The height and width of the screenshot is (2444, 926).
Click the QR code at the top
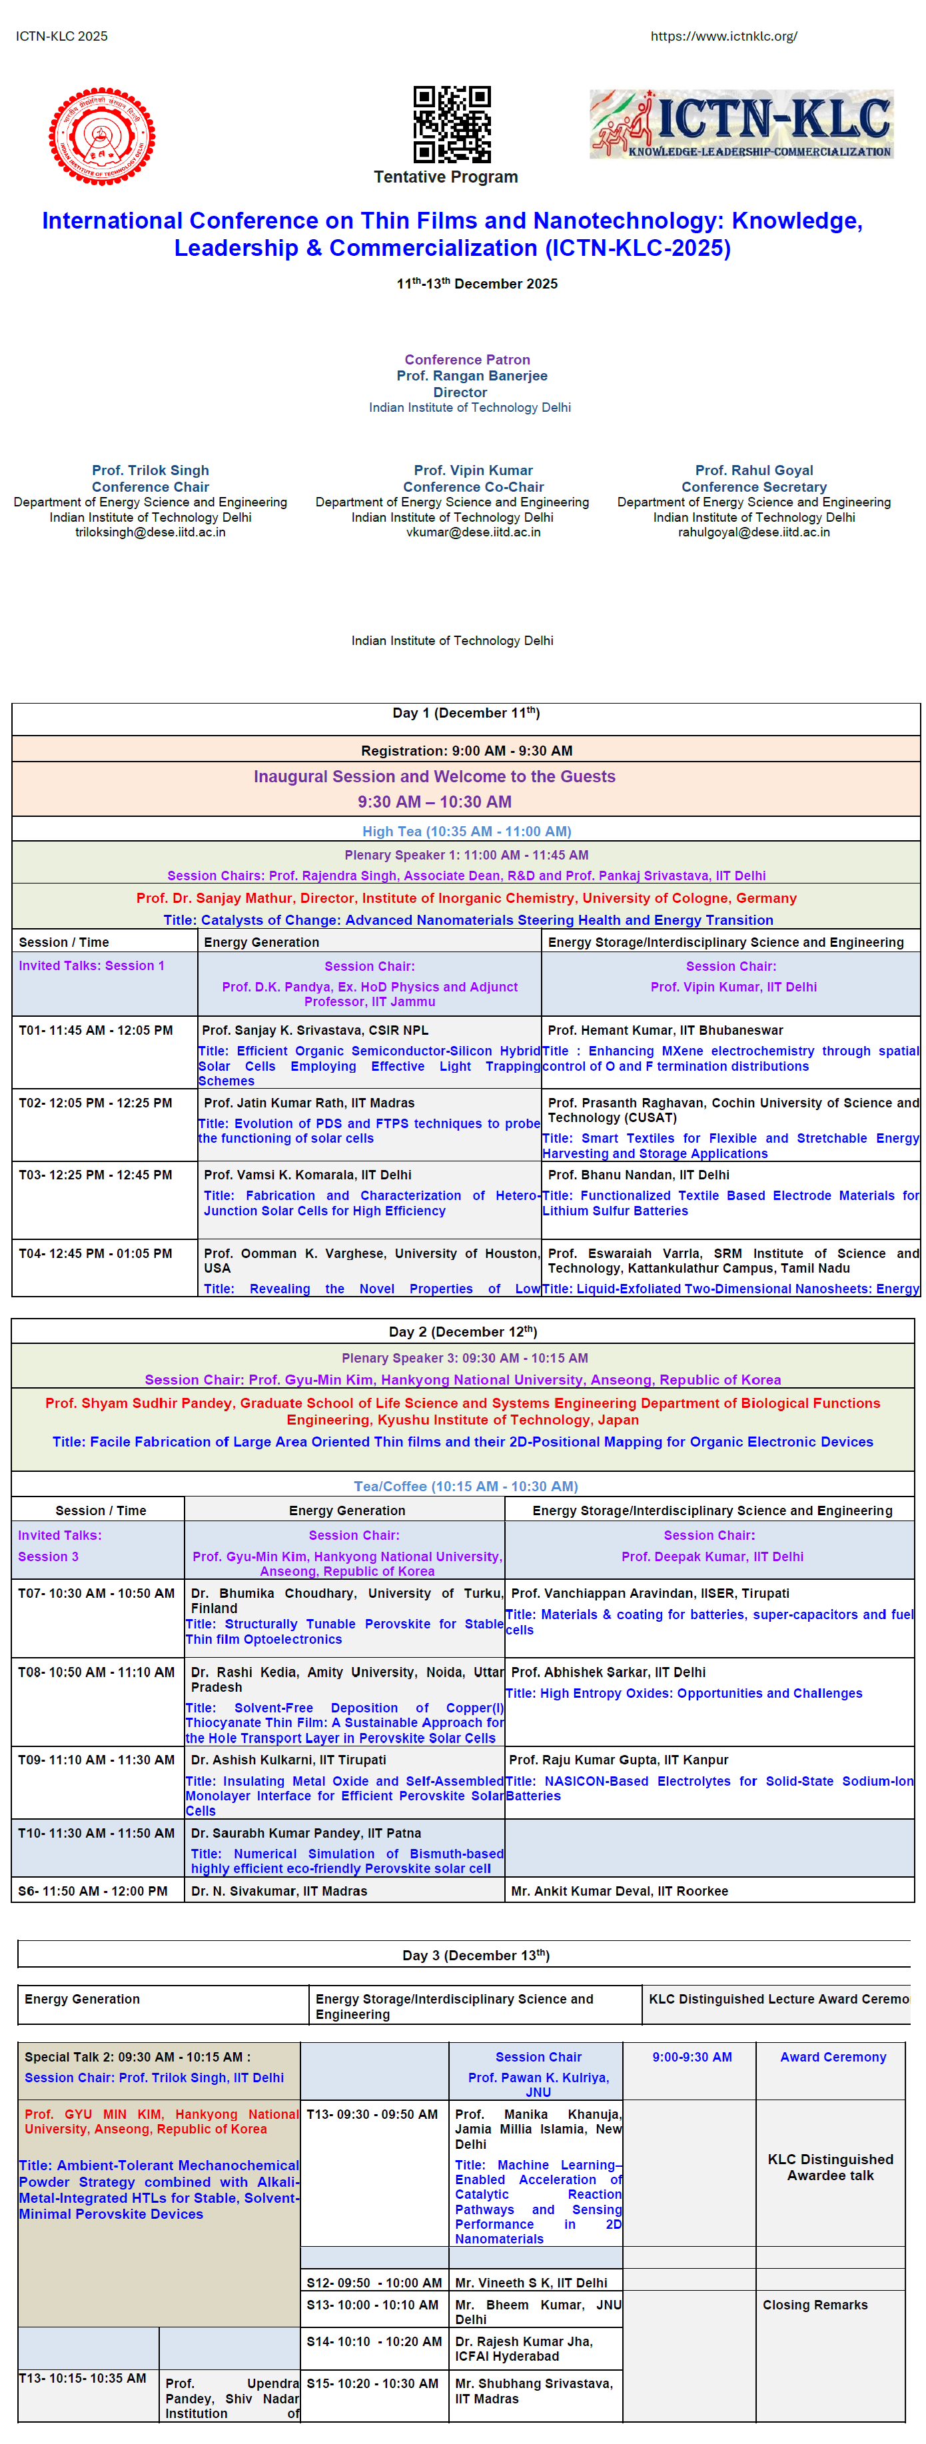[x=452, y=125]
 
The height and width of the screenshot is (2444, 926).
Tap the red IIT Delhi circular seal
[x=103, y=136]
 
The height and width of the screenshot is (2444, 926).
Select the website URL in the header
[x=723, y=36]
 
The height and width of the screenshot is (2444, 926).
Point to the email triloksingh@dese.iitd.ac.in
[x=150, y=532]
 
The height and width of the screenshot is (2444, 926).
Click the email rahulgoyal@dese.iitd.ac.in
[x=753, y=532]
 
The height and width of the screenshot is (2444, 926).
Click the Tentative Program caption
[x=445, y=177]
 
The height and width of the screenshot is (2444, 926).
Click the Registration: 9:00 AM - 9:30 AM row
[x=466, y=750]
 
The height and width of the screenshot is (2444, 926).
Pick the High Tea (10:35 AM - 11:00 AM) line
[x=466, y=831]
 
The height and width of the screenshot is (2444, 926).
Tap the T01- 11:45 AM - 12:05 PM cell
[x=96, y=1030]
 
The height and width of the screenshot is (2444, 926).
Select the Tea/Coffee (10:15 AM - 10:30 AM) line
[x=465, y=1486]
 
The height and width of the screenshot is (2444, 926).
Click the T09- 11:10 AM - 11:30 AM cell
[x=96, y=1760]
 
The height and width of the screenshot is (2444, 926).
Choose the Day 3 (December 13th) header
[x=476, y=1956]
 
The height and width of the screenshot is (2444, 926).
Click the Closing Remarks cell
[x=814, y=2305]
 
